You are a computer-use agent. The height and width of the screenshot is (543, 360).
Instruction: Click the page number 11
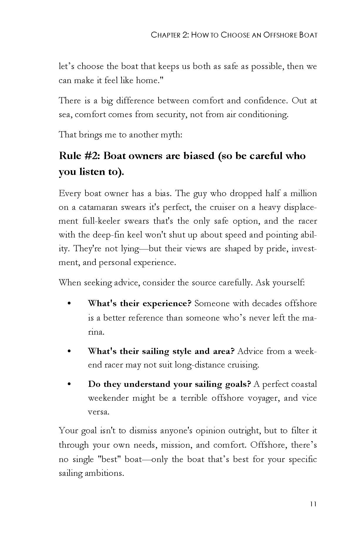(313, 504)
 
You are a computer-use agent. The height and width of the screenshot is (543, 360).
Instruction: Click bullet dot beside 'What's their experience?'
(69, 303)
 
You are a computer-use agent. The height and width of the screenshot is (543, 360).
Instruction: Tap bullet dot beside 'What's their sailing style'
(69, 351)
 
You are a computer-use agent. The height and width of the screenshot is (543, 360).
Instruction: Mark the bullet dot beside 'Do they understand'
(69, 384)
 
